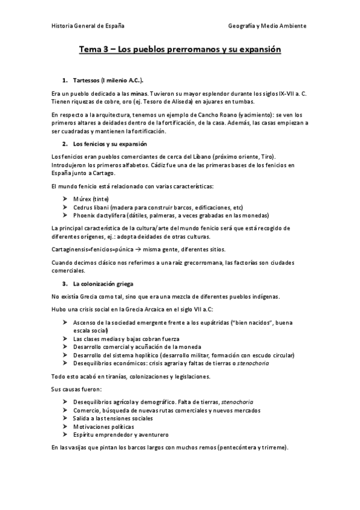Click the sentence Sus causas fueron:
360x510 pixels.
[72, 390]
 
